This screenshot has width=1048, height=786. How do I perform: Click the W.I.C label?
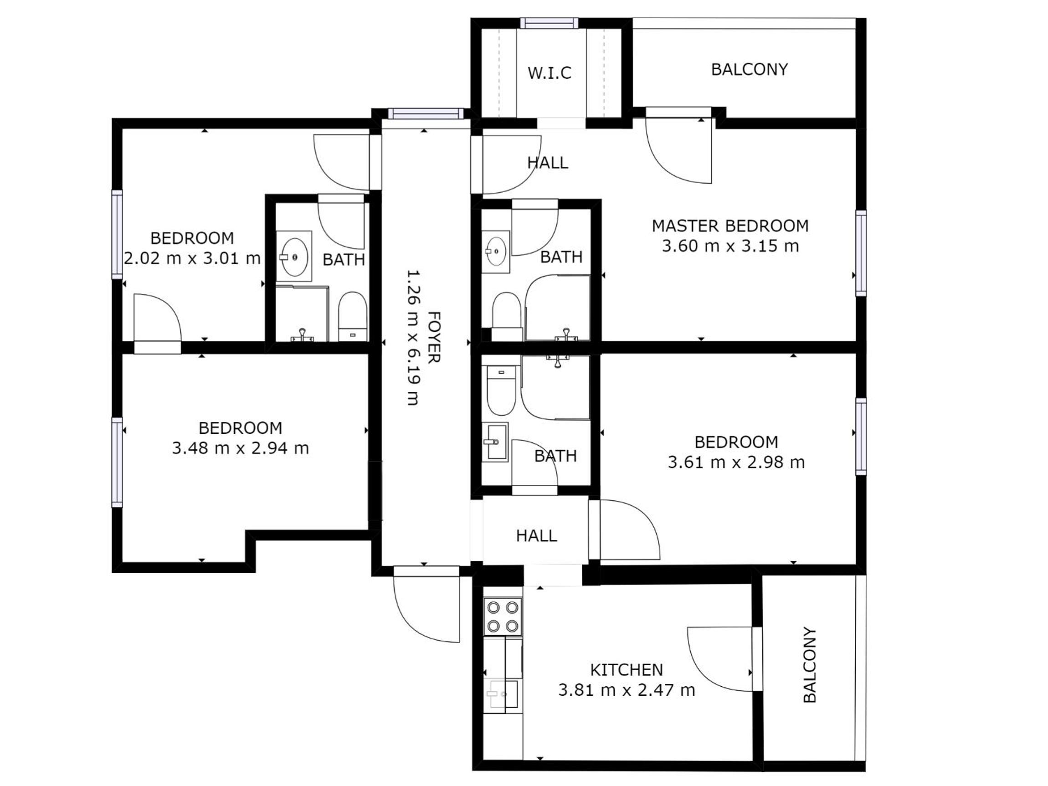pyautogui.click(x=549, y=73)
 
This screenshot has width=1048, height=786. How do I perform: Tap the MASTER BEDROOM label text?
pyautogui.click(x=730, y=226)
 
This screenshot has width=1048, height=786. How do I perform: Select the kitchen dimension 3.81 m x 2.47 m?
pyautogui.click(x=627, y=690)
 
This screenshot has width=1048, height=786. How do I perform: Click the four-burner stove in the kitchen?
pyautogui.click(x=503, y=616)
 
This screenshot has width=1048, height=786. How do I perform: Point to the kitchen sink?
pyautogui.click(x=503, y=695)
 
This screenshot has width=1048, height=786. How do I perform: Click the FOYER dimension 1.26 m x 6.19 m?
pyautogui.click(x=413, y=338)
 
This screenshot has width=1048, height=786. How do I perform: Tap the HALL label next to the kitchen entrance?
pyautogui.click(x=536, y=536)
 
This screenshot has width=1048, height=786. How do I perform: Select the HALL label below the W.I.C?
pyautogui.click(x=548, y=163)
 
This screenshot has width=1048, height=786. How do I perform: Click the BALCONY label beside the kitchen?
pyautogui.click(x=810, y=665)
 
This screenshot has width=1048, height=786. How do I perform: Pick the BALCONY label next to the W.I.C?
pyautogui.click(x=749, y=70)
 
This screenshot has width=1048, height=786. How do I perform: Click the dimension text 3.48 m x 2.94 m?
pyautogui.click(x=240, y=448)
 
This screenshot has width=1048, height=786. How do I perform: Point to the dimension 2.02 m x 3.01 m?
pyautogui.click(x=192, y=259)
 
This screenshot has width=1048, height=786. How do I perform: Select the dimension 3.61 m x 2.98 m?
pyautogui.click(x=736, y=462)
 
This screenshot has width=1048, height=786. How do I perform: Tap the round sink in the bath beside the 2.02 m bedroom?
pyautogui.click(x=294, y=257)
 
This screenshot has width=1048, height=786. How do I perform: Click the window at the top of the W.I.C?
pyautogui.click(x=549, y=23)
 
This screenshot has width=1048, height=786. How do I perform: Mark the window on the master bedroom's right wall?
pyautogui.click(x=861, y=253)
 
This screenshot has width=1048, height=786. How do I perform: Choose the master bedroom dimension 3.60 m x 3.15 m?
pyautogui.click(x=730, y=247)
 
